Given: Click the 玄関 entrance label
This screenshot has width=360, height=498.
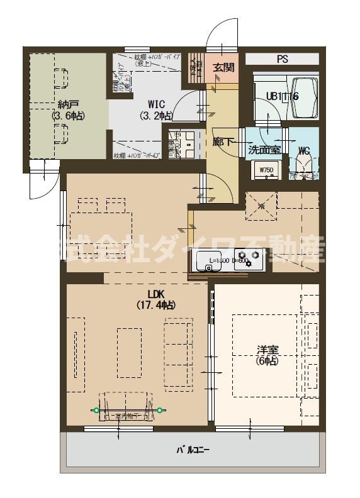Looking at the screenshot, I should tap(223, 67).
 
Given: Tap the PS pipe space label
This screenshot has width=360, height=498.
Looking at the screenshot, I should tap(282, 60).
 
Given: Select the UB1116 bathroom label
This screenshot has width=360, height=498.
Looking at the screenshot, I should tap(282, 96).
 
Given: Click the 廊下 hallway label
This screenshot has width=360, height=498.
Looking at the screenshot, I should tap(222, 143).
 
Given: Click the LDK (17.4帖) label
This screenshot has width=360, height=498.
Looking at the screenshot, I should tap(155, 299).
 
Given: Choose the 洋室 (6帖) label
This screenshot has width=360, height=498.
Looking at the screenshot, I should tap(267, 355).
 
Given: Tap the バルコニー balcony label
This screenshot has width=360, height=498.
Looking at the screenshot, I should tap(193, 450).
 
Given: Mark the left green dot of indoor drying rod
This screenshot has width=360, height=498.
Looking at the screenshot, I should tap(96, 411).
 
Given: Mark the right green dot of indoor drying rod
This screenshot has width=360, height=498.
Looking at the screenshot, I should tap(160, 411).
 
